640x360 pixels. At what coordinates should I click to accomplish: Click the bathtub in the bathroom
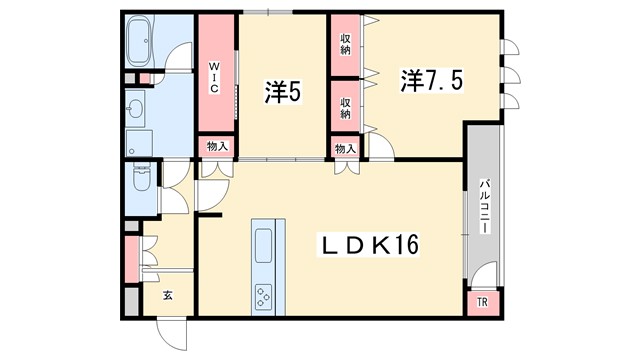click(138, 41)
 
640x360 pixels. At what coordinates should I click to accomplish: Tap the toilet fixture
click(141, 177)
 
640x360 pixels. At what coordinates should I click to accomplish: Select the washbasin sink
click(135, 109)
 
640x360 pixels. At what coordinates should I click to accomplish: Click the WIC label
click(214, 77)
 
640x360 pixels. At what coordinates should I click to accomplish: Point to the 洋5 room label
click(282, 91)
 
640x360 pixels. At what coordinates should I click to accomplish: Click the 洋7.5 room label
click(431, 81)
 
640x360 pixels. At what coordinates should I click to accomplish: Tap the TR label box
click(482, 302)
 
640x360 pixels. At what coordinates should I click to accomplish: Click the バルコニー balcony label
click(484, 206)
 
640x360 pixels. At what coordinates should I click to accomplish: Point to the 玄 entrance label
click(167, 295)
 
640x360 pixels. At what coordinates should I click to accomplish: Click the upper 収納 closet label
click(345, 45)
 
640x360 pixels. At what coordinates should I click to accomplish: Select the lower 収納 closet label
click(345, 108)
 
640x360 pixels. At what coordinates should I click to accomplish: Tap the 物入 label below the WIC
click(217, 146)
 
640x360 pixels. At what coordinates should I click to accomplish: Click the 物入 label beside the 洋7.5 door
click(345, 149)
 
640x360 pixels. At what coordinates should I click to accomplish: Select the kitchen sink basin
click(263, 245)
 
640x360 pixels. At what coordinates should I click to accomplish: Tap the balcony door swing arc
click(484, 275)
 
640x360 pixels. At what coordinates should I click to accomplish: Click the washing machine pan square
click(139, 143)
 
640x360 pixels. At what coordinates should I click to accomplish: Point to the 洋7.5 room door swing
click(381, 146)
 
